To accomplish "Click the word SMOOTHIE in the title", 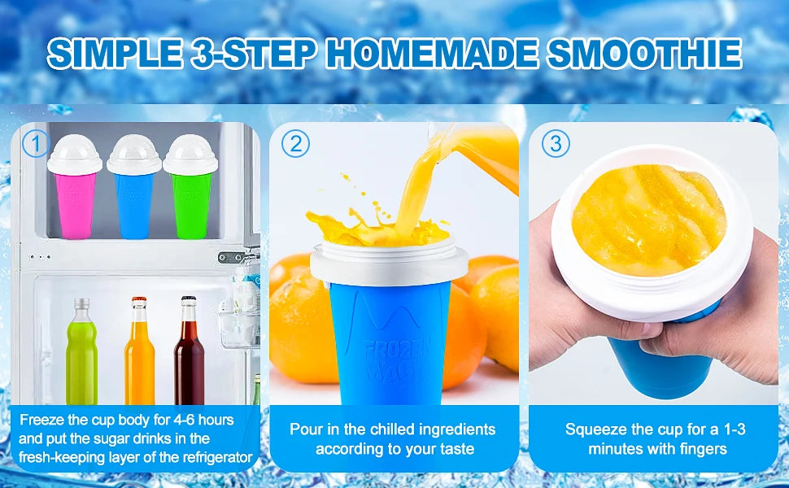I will click(643, 53).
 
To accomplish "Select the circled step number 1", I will click(35, 144).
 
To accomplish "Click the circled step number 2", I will click(295, 144).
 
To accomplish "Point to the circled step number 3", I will click(556, 144).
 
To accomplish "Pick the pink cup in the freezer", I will click(75, 203).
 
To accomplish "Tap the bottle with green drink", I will click(81, 358).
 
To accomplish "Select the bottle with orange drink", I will click(139, 358).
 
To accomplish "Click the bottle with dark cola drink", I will click(189, 358).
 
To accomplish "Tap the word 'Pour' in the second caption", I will click(305, 429).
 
